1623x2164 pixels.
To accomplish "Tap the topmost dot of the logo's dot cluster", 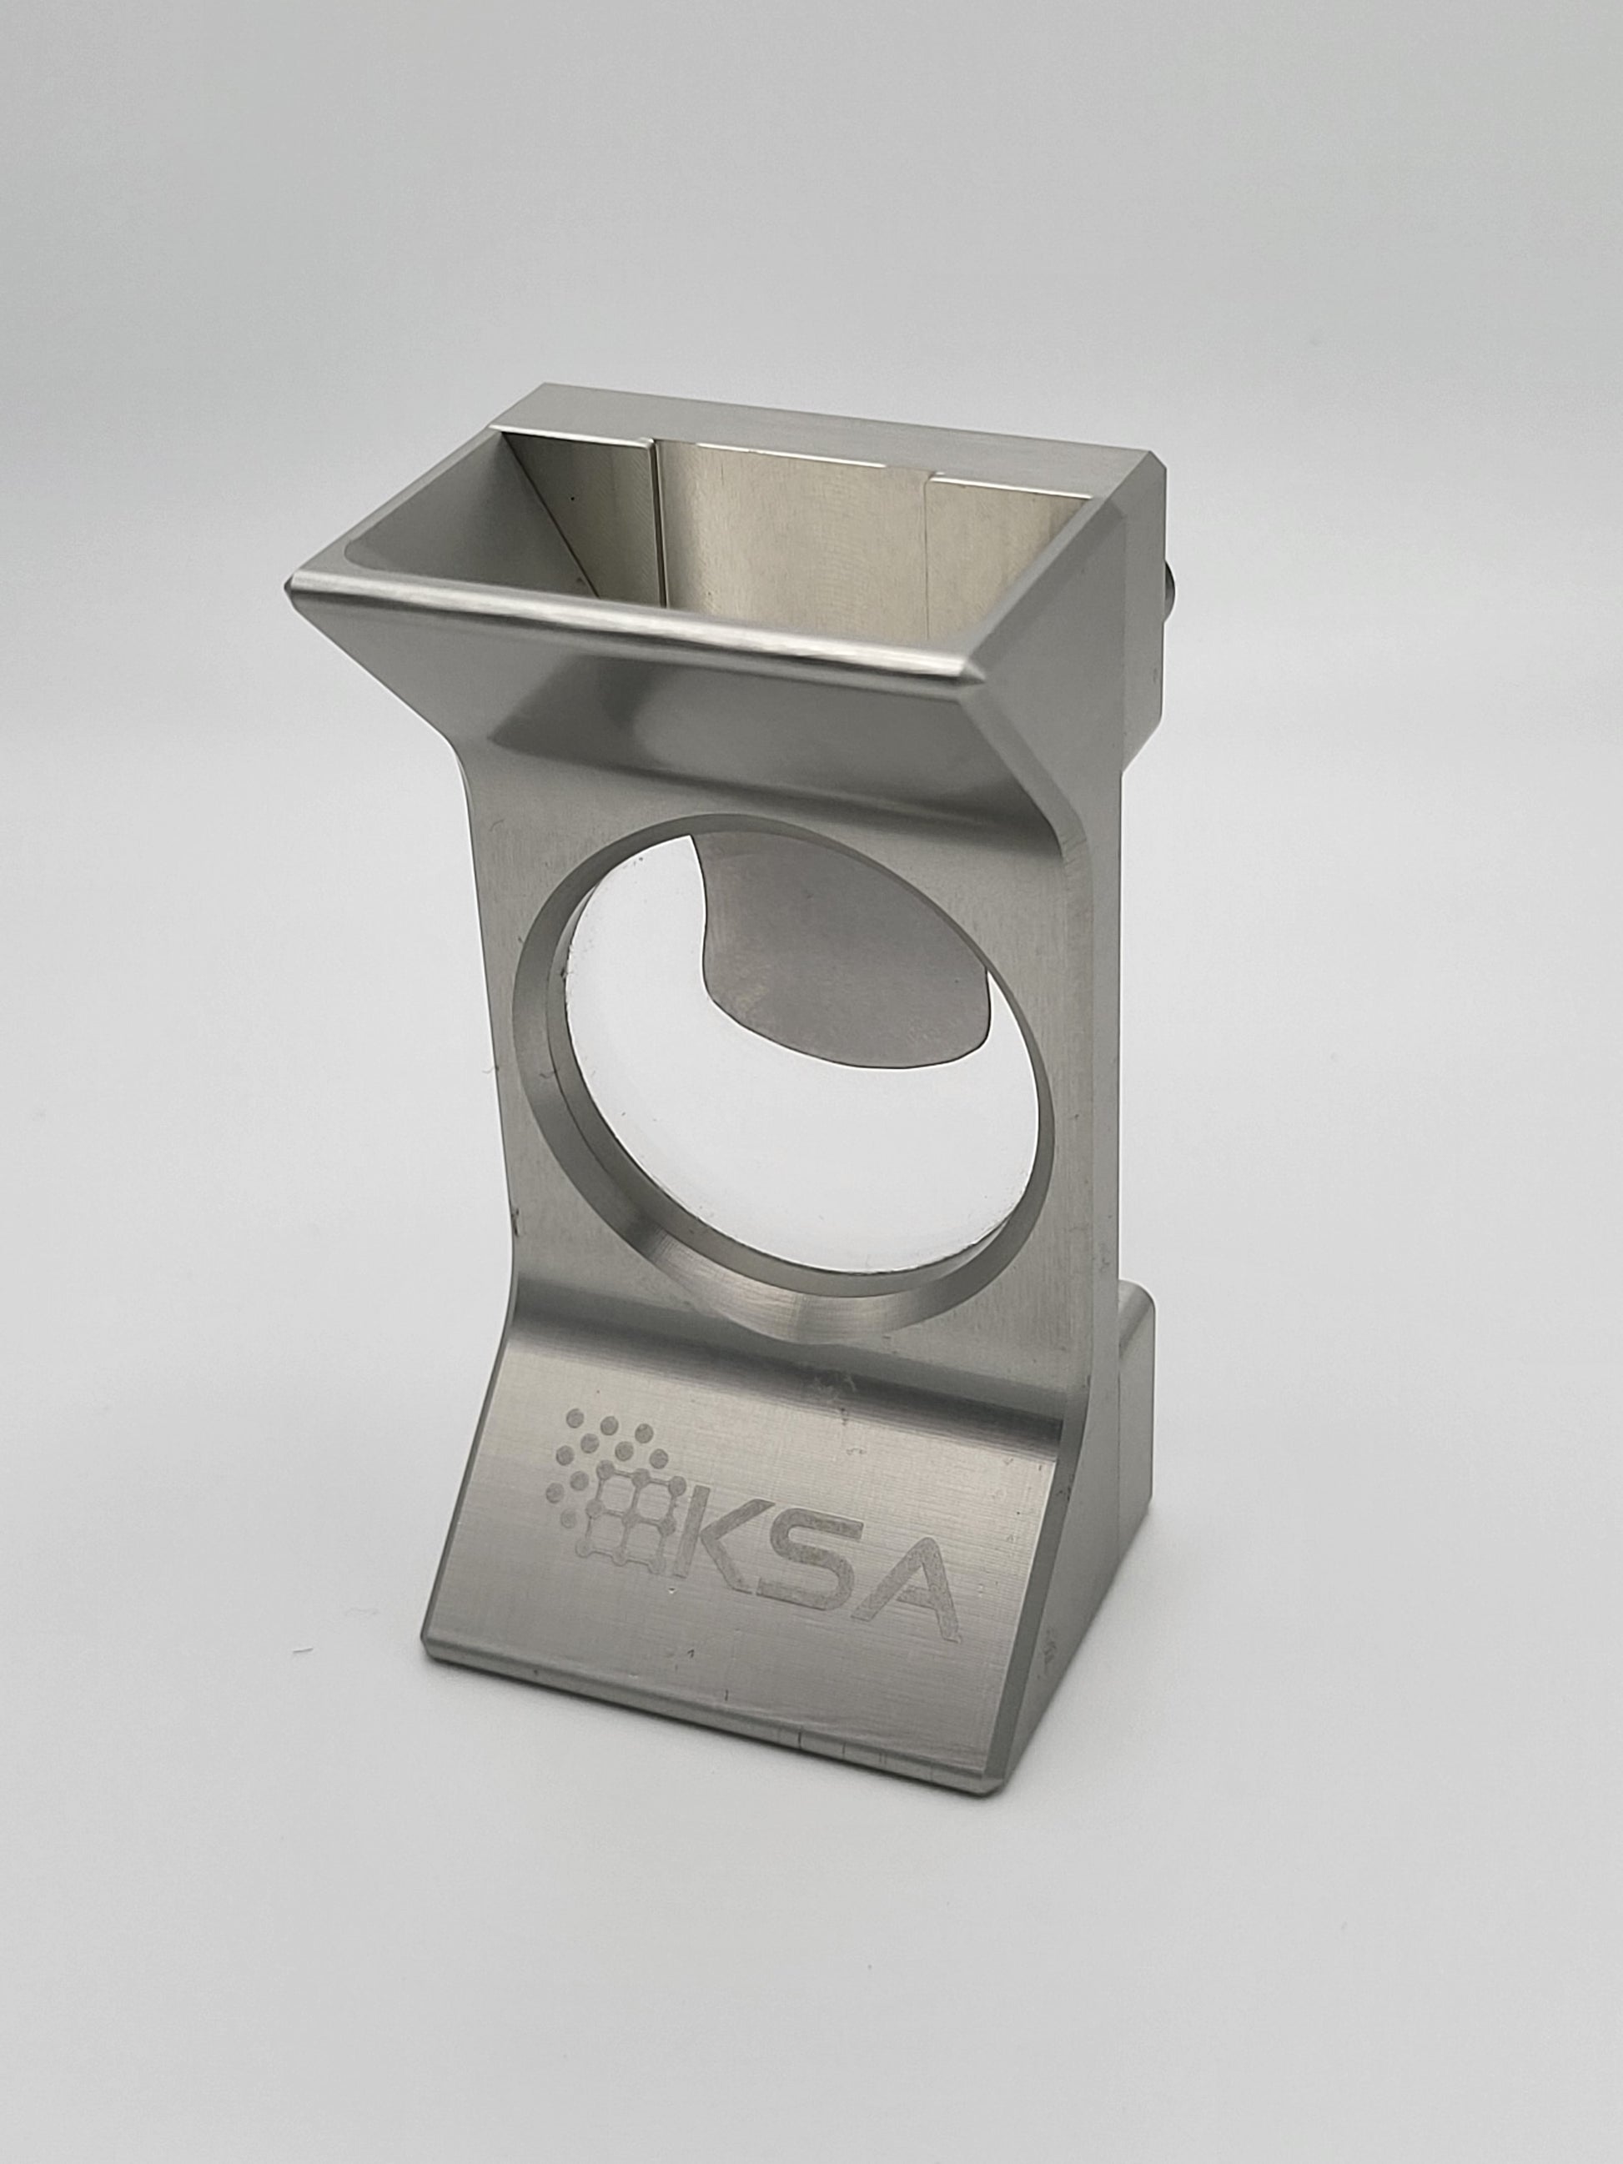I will (577, 1417).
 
